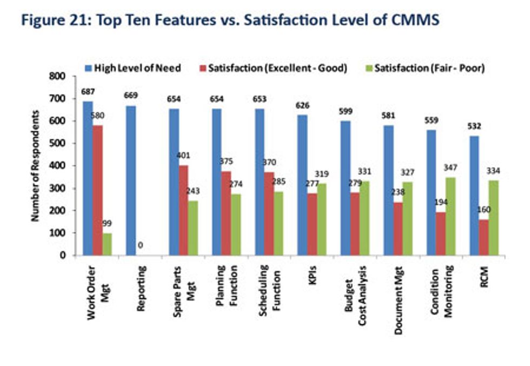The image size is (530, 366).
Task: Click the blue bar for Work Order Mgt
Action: [x=88, y=178]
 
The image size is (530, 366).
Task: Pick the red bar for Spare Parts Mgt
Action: [x=184, y=210]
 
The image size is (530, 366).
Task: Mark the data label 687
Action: [x=88, y=92]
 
